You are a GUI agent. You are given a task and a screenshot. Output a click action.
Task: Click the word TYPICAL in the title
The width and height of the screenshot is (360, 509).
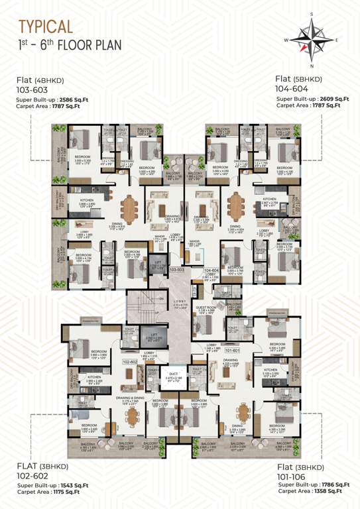click(x=46, y=27)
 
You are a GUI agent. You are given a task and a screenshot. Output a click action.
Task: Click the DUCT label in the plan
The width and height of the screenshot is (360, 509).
click(x=174, y=375)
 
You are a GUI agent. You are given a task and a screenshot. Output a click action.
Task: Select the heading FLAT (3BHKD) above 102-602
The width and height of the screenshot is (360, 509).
click(x=39, y=467)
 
